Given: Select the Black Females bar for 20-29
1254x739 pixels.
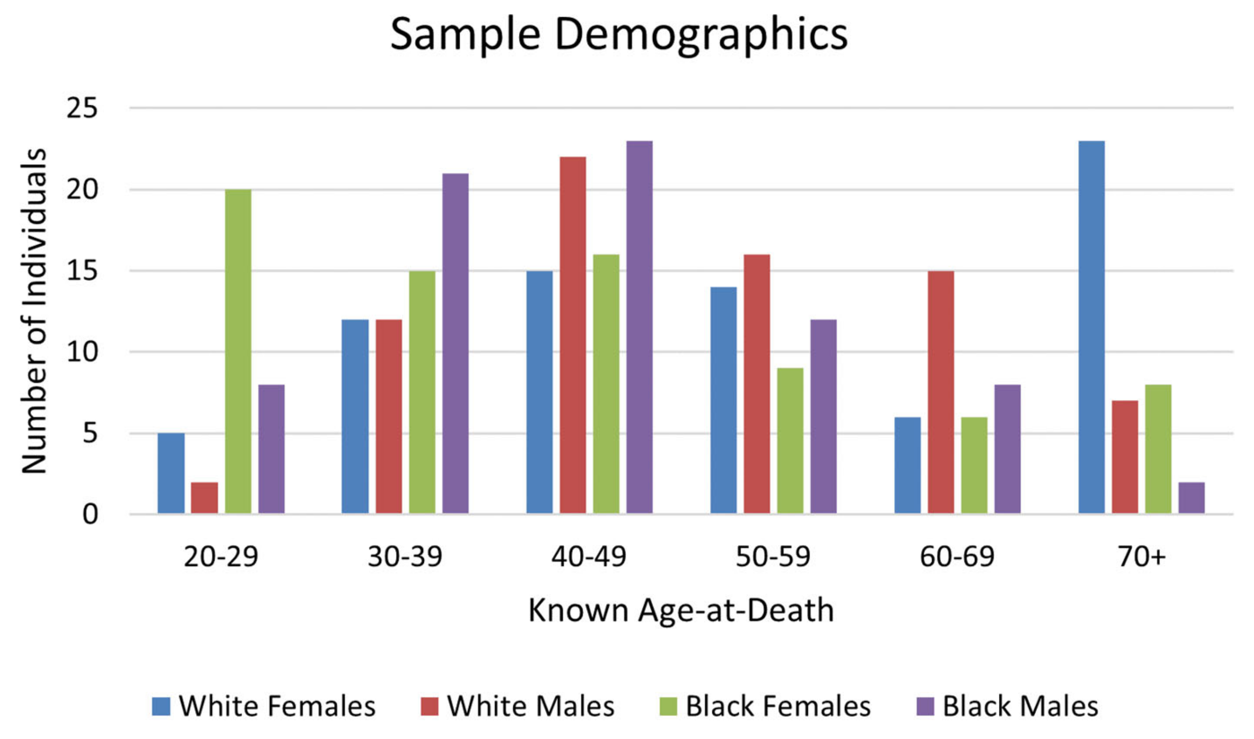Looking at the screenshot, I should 238,351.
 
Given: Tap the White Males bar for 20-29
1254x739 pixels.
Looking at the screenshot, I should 205,498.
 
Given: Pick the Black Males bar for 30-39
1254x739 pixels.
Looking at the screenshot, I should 455,343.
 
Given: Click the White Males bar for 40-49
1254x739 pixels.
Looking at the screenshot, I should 573,335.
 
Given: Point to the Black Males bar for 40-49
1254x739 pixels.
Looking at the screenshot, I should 640,327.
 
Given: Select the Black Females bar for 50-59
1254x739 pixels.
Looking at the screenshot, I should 790,440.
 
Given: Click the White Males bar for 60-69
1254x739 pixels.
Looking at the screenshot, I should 941,392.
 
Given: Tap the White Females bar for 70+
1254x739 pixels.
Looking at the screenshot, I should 1092,327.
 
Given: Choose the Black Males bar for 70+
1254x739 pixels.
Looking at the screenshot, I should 1192,498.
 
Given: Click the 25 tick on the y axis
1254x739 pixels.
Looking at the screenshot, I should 82,108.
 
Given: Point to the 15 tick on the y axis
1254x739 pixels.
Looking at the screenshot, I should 82,271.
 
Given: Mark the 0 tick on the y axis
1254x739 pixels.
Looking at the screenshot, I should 90,514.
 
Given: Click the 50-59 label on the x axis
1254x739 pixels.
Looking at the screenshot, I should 773,557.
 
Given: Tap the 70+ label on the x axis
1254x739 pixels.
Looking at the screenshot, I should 1141,557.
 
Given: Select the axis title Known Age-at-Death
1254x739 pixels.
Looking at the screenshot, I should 681,610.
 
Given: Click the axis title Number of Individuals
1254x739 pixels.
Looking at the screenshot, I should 34,311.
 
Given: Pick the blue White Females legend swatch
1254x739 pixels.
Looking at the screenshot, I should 161,706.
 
